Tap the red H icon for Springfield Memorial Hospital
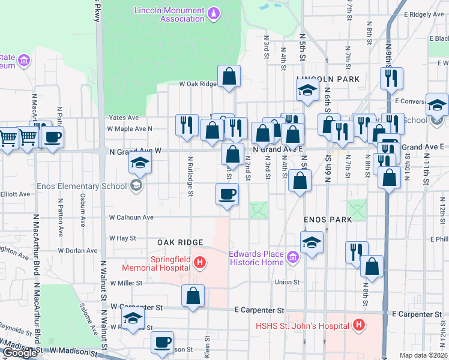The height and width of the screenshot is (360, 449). click(x=200, y=262)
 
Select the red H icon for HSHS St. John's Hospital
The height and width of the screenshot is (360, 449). click(x=358, y=326)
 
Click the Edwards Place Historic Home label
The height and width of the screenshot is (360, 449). click(x=256, y=258)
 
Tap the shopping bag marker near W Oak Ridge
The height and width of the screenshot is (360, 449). click(x=229, y=76)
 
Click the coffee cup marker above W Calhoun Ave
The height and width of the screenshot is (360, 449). click(x=227, y=194)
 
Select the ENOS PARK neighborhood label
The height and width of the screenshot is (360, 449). click(x=327, y=220)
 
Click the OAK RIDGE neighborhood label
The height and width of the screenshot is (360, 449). click(x=178, y=242)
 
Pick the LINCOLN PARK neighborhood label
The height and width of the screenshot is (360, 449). click(x=328, y=79)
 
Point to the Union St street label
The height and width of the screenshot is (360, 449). click(x=287, y=282)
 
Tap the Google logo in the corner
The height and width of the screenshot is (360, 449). click(x=20, y=353)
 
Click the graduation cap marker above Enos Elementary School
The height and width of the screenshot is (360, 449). click(x=139, y=161)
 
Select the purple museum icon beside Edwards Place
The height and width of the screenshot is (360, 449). click(x=294, y=259)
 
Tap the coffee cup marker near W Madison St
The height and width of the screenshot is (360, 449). click(x=162, y=342)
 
